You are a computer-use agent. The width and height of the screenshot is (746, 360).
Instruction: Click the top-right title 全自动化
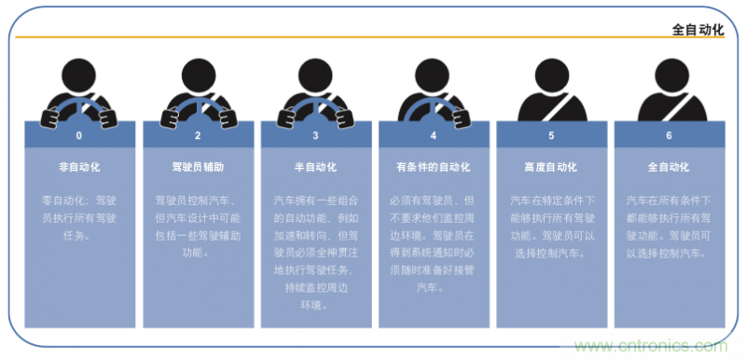coord(698,29)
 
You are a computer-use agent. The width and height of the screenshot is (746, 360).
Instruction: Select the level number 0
coord(79,135)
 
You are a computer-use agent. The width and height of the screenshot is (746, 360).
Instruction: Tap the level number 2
coord(198,135)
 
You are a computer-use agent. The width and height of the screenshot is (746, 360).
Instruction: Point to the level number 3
coord(315,135)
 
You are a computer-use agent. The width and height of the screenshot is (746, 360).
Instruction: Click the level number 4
coord(434,135)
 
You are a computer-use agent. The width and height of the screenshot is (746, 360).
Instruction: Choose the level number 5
coord(551,135)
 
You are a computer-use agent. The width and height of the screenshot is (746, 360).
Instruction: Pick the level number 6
coord(669,135)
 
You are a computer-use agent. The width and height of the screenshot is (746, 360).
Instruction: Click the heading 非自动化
coord(79,168)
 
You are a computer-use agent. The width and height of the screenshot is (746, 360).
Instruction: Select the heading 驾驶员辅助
coord(198,168)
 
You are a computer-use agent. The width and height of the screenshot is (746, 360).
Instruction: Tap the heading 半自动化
coord(315,168)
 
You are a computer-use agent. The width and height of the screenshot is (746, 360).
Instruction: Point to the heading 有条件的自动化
coord(434,168)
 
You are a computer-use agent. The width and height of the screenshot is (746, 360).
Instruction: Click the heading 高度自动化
coord(551,168)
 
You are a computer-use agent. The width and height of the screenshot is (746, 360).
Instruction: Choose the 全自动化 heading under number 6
coord(669,168)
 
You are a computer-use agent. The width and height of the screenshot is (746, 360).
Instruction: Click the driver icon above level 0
coord(79,93)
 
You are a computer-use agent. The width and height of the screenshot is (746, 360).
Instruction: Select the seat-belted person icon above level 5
coord(551,93)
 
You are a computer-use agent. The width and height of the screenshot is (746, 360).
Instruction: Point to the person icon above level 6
coord(669,93)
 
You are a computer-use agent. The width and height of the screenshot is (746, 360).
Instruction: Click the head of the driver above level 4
coord(434,72)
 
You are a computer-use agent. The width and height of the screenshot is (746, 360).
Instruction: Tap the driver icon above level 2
coord(198,93)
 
